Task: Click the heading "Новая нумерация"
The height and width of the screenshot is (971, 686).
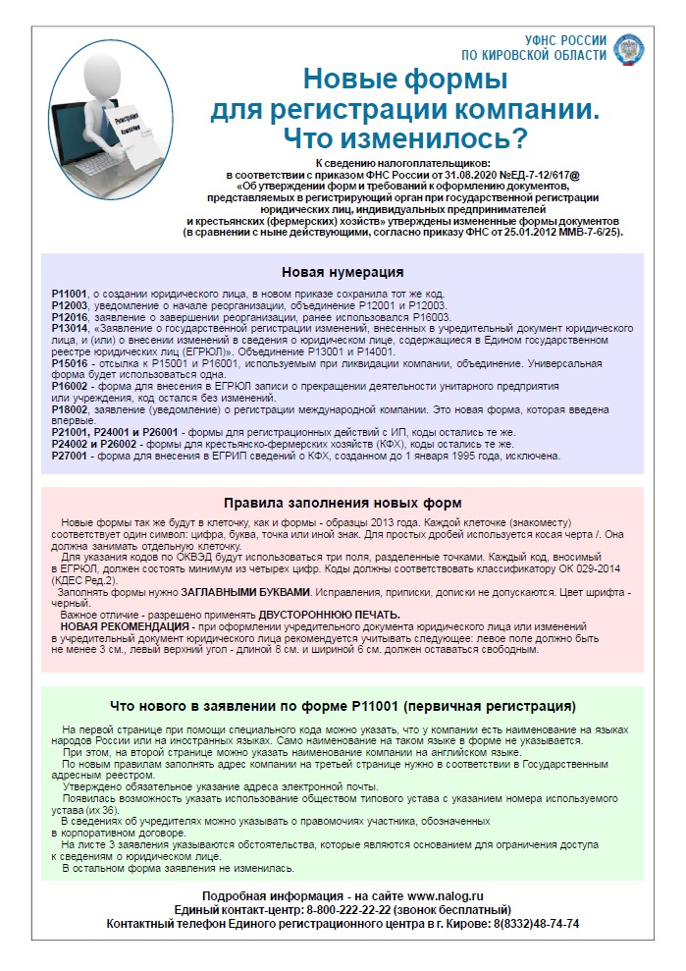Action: [x=343, y=271]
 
